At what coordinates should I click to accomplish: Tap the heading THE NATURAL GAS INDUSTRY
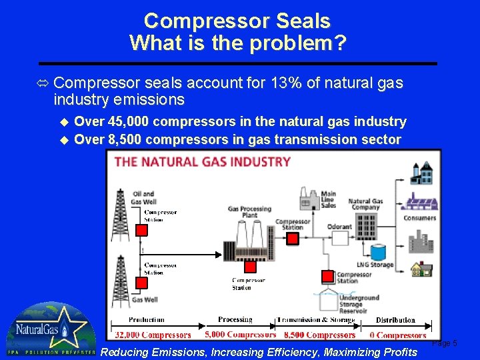203,161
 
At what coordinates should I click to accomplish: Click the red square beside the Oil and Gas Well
141,230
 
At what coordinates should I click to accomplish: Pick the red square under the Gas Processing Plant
251,267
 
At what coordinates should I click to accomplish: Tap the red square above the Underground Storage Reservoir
328,275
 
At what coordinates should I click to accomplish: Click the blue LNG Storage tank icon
378,252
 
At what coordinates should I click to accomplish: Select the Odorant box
339,227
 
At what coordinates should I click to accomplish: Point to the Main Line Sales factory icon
308,199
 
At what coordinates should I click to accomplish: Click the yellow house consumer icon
421,269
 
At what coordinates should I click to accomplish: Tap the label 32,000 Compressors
153,335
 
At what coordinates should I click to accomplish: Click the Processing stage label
235,319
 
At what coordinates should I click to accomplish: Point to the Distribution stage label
395,320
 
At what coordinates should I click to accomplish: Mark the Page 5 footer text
445,343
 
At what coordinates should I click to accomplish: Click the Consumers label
419,218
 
